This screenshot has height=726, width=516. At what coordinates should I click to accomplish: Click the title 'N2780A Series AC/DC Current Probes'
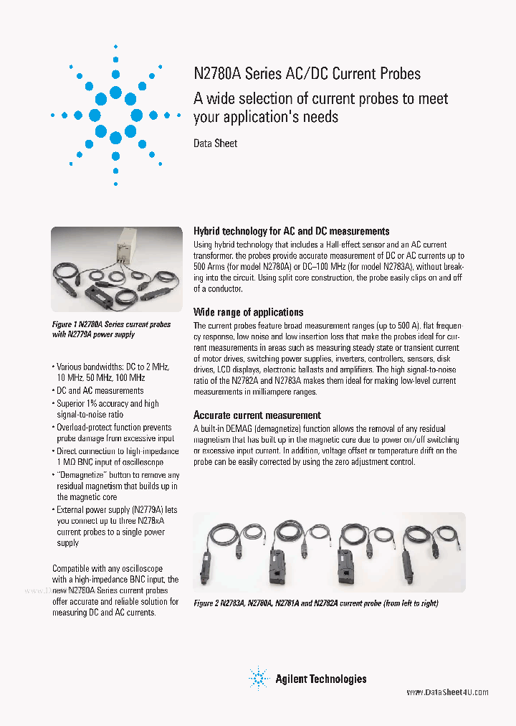click(x=307, y=74)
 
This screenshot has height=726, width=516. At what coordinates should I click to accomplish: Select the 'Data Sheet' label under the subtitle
click(x=215, y=143)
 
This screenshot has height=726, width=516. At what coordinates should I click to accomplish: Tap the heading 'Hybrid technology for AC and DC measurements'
click(x=291, y=231)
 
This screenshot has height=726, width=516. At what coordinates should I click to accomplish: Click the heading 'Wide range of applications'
click(x=248, y=312)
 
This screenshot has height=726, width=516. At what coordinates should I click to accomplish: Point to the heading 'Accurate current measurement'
click(x=257, y=415)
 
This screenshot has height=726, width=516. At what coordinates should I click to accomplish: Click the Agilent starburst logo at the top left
click(x=115, y=115)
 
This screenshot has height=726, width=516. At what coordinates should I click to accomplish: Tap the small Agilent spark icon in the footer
click(x=258, y=679)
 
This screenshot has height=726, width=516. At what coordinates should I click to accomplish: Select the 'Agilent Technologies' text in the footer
click(x=320, y=679)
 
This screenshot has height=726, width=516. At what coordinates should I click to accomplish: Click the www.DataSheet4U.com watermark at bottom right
click(x=447, y=692)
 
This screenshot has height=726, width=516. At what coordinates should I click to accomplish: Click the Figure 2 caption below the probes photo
click(x=315, y=603)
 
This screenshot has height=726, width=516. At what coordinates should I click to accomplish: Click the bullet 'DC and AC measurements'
click(x=100, y=391)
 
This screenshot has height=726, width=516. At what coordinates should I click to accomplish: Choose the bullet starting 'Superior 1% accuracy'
click(x=107, y=409)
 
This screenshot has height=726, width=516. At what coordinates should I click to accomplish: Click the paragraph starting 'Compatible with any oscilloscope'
click(x=115, y=590)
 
